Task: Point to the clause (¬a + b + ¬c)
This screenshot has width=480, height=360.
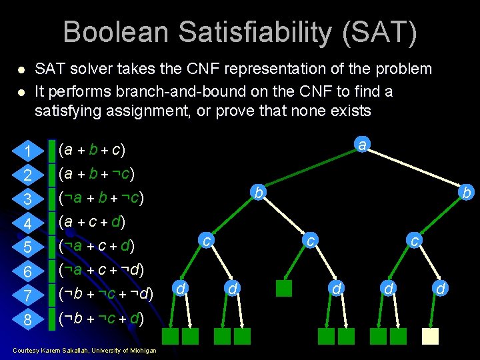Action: [102, 199]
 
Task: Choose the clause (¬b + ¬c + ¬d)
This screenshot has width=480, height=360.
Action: [106, 294]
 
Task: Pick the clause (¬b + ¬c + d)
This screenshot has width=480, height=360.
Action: [102, 318]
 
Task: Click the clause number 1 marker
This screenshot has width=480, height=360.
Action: [28, 152]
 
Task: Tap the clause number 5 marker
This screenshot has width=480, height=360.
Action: [28, 248]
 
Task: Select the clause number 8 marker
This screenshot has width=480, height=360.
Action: [28, 320]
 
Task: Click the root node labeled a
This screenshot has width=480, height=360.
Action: [361, 144]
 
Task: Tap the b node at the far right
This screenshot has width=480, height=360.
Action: [467, 193]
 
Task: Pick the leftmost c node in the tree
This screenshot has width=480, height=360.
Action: [207, 240]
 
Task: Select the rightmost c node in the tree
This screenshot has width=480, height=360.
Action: [415, 240]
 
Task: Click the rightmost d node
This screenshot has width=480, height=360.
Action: [439, 288]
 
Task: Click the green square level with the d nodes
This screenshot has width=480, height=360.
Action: [284, 288]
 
